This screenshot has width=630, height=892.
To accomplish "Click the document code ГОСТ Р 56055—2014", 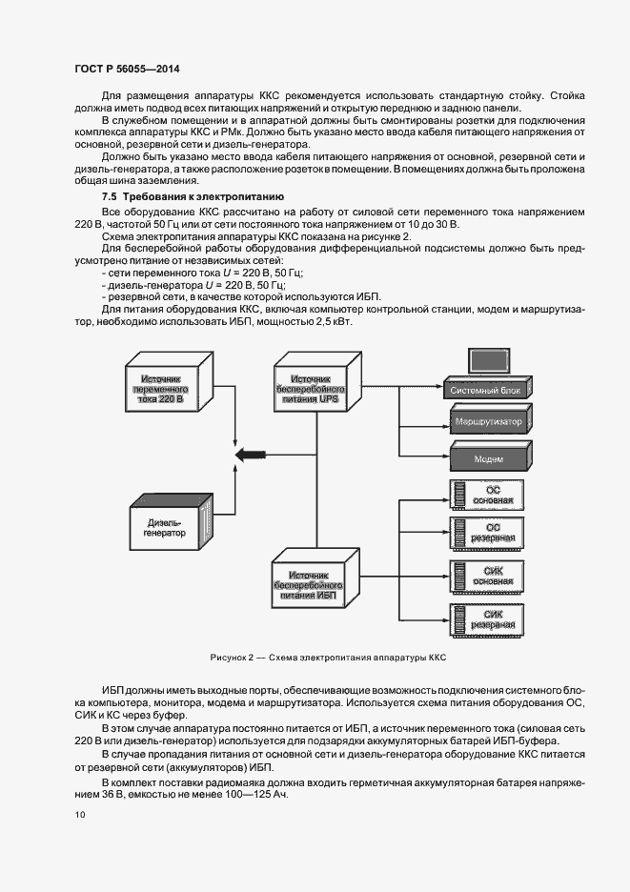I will (x=126, y=70).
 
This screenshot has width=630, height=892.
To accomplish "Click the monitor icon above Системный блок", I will (x=485, y=362).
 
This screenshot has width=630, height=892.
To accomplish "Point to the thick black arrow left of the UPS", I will (x=251, y=456).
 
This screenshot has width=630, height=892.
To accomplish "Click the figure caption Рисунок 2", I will (x=328, y=659).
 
